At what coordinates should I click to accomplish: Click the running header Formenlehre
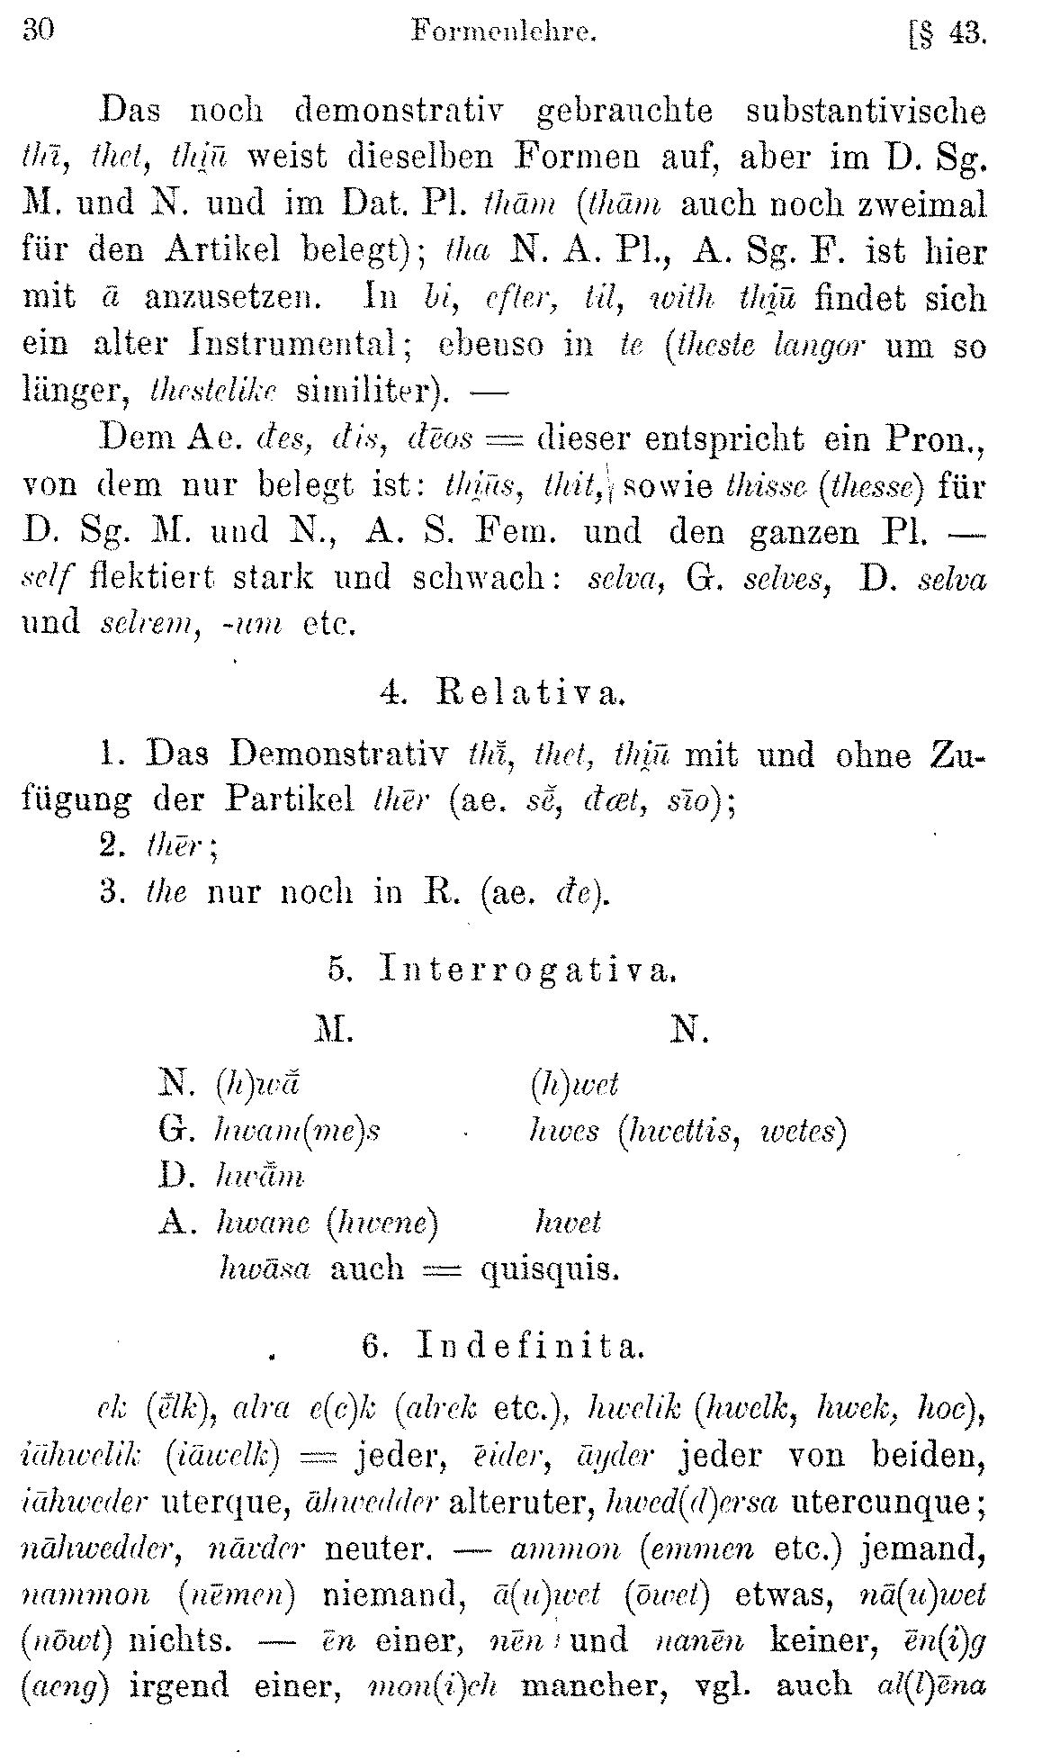click(503, 33)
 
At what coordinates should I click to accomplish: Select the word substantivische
click(867, 111)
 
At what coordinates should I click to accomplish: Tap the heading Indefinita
click(531, 1346)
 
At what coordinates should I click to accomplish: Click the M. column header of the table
click(334, 1030)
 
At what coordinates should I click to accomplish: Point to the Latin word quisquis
click(551, 1269)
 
